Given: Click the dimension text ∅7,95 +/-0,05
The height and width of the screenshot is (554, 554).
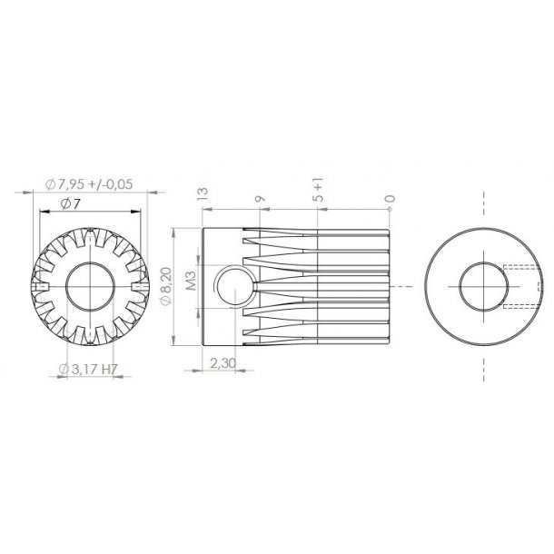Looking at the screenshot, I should click(x=89, y=183).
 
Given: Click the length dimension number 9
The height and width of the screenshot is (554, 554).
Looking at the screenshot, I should click(x=261, y=197).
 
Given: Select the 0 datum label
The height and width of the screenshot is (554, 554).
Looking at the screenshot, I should click(x=390, y=197).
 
